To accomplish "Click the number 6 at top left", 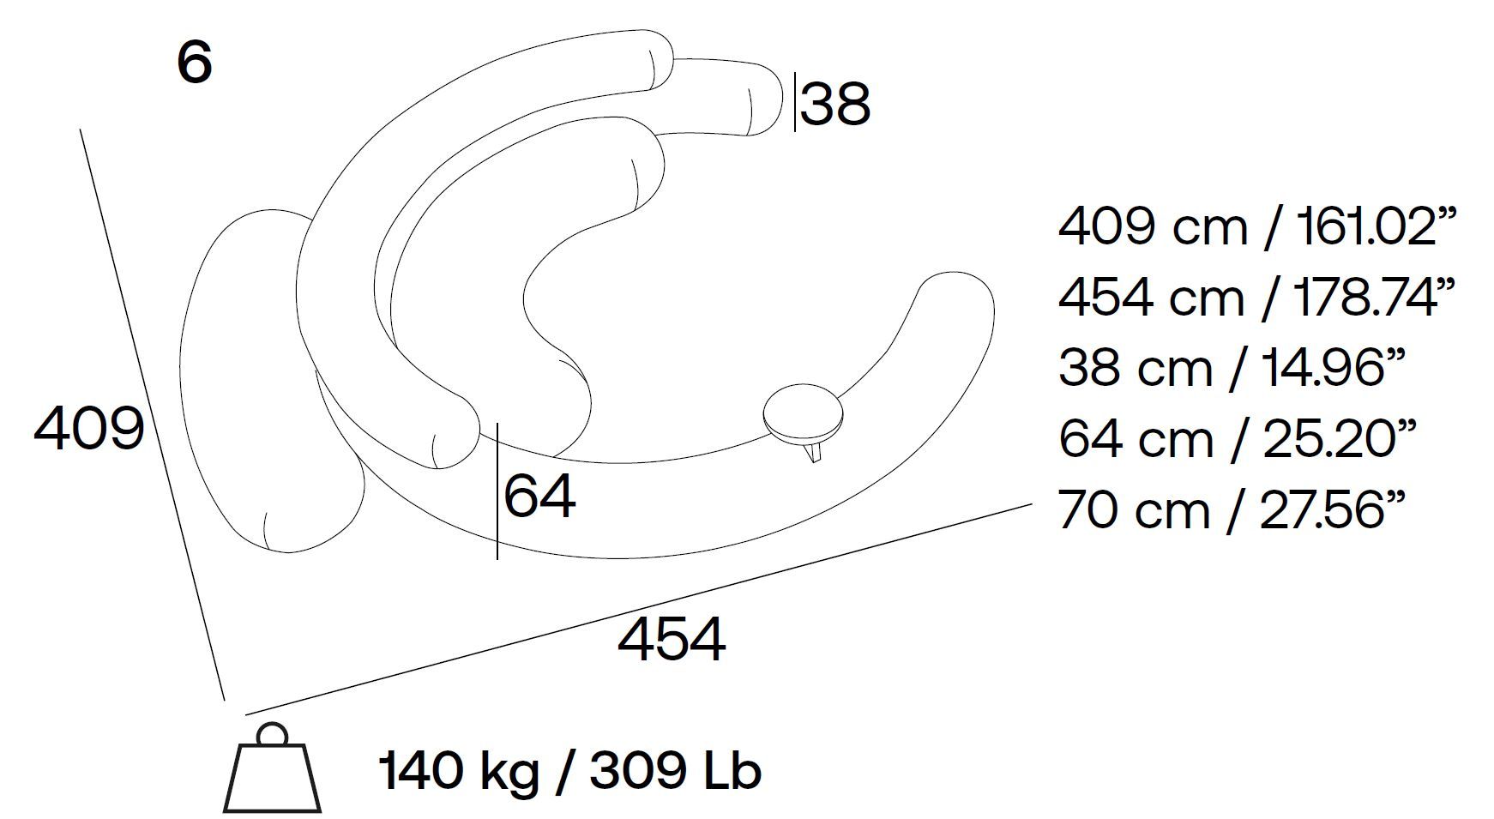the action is [x=194, y=62].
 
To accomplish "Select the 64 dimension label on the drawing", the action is [x=539, y=497].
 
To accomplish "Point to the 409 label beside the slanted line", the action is [x=88, y=428].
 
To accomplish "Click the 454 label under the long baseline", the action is [x=672, y=640].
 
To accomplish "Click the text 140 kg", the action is [x=459, y=771].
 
